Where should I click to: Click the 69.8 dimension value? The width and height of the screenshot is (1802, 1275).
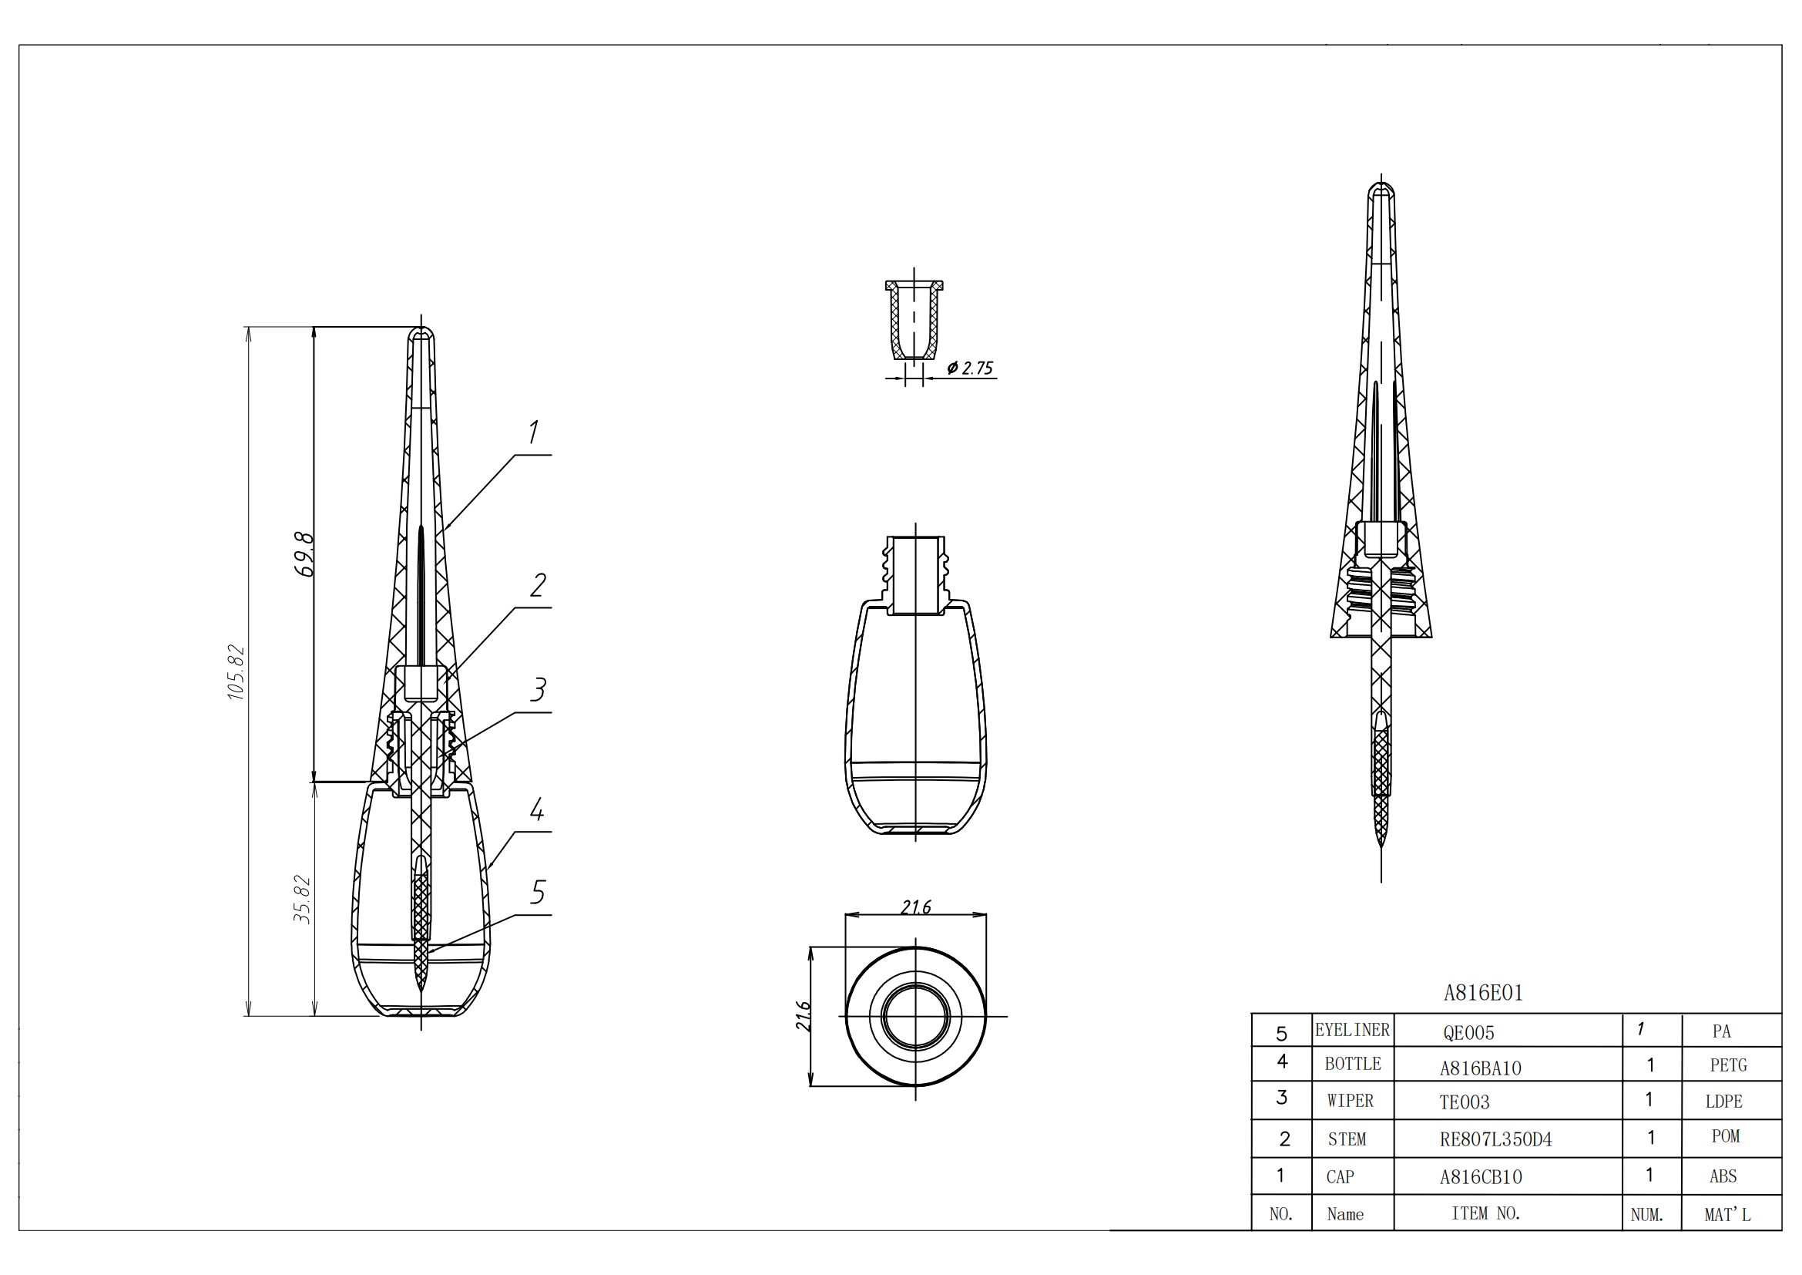[304, 554]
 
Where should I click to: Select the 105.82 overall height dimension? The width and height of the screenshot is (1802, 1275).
[237, 672]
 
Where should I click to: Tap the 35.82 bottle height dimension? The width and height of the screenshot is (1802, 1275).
[302, 899]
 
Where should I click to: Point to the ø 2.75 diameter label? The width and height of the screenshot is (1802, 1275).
[970, 368]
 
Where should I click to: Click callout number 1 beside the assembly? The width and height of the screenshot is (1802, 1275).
[534, 432]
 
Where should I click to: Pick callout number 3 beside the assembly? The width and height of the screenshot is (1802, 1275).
[538, 690]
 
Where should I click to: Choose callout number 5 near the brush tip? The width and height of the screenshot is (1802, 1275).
[538, 893]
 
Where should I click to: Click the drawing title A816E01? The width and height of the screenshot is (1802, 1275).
[1483, 993]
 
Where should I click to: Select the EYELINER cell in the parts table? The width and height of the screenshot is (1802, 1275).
[1352, 1030]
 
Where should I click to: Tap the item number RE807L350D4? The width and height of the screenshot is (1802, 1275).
[1496, 1139]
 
